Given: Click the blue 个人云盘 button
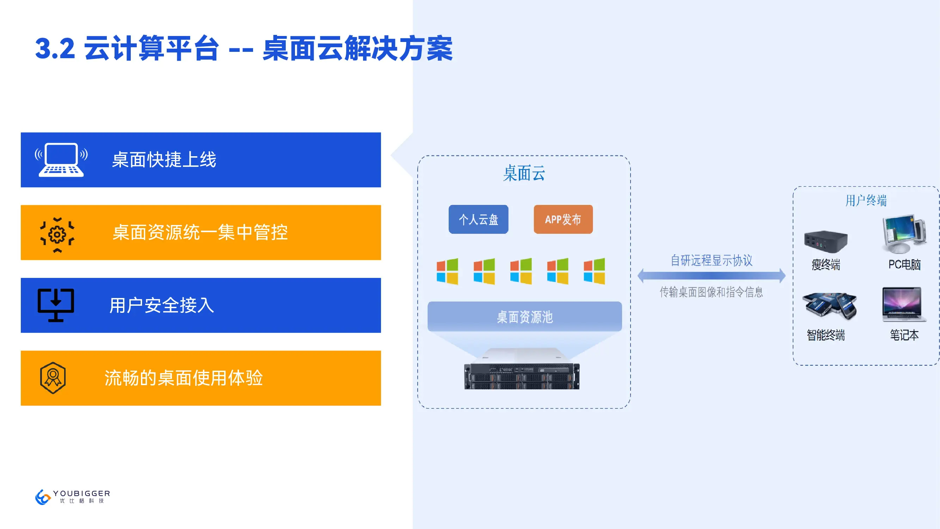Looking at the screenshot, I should click(478, 219).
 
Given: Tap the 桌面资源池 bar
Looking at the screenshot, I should click(524, 317).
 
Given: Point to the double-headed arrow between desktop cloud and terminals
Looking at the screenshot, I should click(711, 276).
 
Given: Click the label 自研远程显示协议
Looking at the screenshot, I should click(711, 260).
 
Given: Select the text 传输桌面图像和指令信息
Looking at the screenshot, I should click(711, 292).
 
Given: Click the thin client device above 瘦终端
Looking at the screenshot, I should click(825, 241).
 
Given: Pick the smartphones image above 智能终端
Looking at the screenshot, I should click(829, 305).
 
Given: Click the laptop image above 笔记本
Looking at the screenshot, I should click(904, 304).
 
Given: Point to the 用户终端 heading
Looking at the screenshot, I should click(866, 200).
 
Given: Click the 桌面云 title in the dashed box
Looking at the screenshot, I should click(524, 173).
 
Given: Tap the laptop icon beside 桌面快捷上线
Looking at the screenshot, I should click(61, 160).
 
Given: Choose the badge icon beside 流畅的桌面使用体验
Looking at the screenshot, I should click(53, 378).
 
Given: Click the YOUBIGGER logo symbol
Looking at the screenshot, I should click(43, 497).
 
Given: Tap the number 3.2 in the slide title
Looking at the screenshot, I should click(55, 49).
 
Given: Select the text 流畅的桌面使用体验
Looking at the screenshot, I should click(184, 378).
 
